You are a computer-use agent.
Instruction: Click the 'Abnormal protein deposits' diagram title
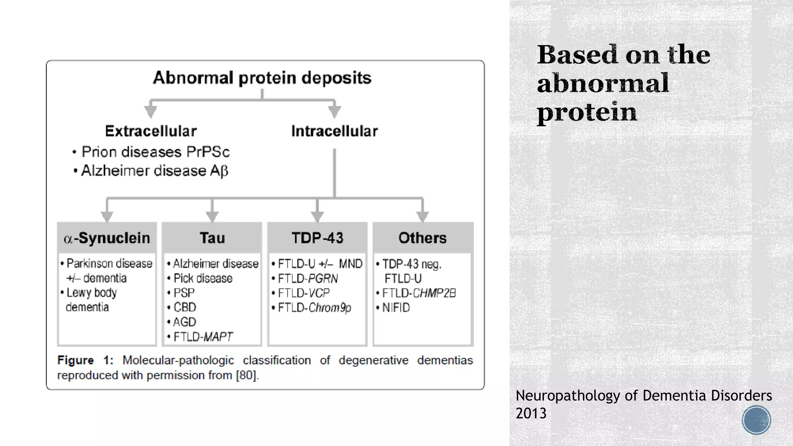[262, 78]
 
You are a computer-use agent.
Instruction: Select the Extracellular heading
[151, 131]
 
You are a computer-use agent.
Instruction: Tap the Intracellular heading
[334, 131]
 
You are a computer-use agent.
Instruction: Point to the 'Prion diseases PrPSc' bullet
[155, 152]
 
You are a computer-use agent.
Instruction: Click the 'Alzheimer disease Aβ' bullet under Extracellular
[154, 171]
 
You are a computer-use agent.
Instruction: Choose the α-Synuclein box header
[107, 238]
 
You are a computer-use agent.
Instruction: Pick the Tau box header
[212, 238]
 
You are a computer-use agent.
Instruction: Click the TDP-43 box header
[318, 238]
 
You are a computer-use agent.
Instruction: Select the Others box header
[422, 238]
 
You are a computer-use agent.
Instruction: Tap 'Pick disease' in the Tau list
[203, 278]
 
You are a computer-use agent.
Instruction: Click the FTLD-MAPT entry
[203, 337]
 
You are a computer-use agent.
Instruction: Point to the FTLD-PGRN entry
[307, 278]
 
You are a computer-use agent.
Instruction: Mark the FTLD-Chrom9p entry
[314, 308]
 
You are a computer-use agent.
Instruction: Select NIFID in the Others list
[396, 308]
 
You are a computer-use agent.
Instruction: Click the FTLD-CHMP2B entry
[419, 293]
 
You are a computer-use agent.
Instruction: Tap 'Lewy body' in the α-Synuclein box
[91, 293]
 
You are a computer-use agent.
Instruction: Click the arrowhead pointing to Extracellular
[151, 111]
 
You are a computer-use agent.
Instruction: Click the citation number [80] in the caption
[246, 375]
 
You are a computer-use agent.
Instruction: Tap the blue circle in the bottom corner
[756, 420]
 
